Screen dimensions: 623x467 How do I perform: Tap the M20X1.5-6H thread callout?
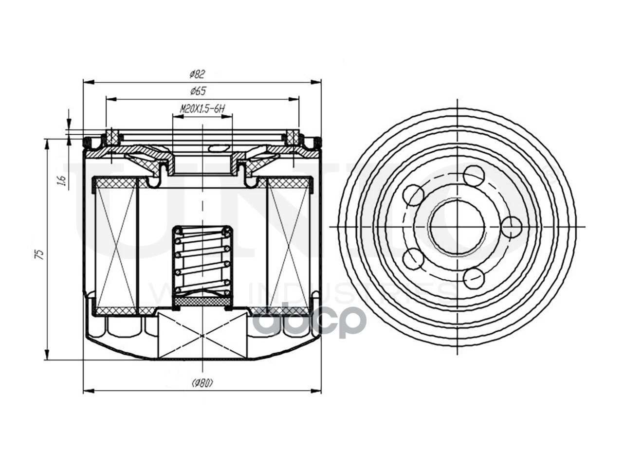coord(202,108)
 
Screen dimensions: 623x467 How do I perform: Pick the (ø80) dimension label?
coord(202,383)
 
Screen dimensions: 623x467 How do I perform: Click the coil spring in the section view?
coord(202,260)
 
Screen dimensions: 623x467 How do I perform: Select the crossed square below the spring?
coord(202,336)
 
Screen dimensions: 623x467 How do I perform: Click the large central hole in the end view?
coord(458,227)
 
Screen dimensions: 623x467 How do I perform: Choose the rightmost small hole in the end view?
coord(512,227)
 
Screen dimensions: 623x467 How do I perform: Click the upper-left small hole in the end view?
coord(414,195)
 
